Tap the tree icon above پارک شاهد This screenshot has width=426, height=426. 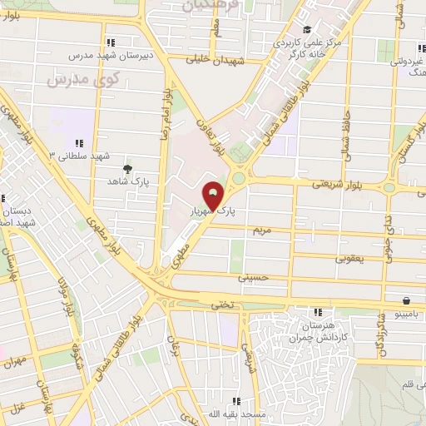[126, 168]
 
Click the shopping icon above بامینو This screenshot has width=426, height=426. [405, 301]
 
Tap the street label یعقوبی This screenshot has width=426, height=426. [349, 259]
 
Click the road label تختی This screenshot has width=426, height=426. [222, 305]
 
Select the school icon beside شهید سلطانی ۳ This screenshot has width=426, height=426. [79, 143]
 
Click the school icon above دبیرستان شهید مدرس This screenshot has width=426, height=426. [110, 42]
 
